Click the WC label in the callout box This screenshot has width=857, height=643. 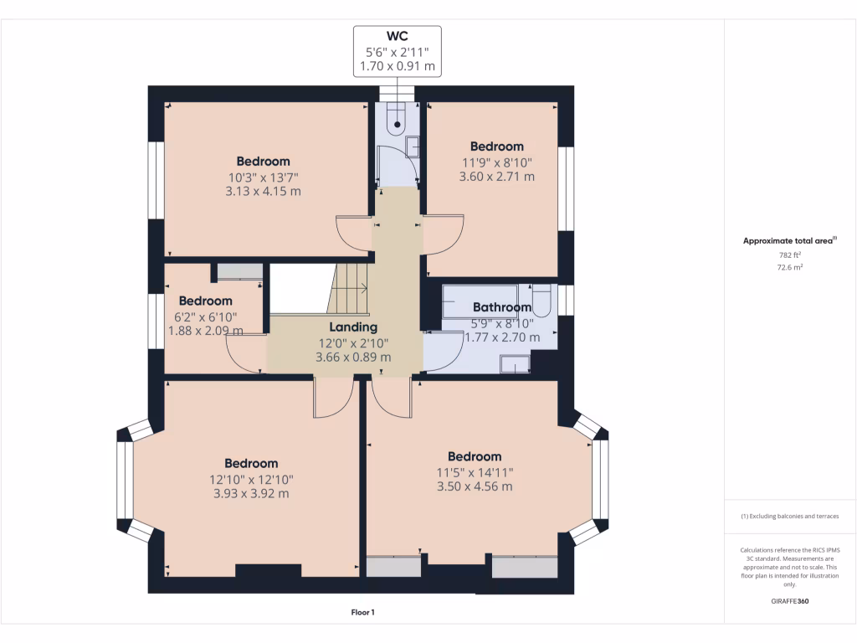point(397,36)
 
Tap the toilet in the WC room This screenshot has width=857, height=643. point(397,117)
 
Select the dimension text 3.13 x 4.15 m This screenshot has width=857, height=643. point(263,192)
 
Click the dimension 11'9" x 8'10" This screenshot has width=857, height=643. point(497,162)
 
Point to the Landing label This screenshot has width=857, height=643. point(353,327)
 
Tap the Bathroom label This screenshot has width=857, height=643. point(502,307)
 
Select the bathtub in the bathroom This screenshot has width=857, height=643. point(480,301)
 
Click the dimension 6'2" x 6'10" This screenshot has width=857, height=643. point(206,317)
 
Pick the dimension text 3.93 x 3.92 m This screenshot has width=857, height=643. point(251,494)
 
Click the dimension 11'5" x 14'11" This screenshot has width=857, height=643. point(475,473)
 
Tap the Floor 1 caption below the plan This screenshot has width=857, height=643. point(363,612)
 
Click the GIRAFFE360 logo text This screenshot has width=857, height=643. point(790,601)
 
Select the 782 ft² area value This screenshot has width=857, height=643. point(790,255)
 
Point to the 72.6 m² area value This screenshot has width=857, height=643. point(790,267)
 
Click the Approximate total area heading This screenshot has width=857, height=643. point(790,240)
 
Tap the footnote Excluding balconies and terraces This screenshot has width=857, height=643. point(790,516)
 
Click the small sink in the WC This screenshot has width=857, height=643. point(413,147)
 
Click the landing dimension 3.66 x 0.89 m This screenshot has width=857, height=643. point(353,358)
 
